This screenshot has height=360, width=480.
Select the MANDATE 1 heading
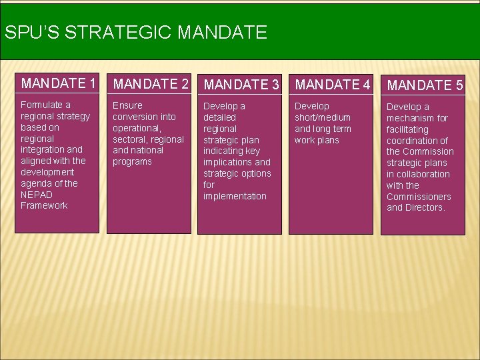[x=59, y=83]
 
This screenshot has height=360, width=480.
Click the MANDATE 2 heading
[x=150, y=84]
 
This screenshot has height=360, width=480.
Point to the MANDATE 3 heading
[x=241, y=85]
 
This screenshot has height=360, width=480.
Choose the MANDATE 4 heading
[x=332, y=85]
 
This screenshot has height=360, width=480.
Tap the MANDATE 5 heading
[x=425, y=85]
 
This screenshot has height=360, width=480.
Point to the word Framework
[x=44, y=205]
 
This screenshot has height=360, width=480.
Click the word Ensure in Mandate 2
[x=127, y=105]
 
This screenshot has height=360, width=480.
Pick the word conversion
[x=135, y=117]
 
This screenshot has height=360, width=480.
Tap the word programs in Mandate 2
[x=132, y=161]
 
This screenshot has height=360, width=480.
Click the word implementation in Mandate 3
[x=235, y=196]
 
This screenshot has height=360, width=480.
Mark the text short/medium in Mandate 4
[x=323, y=117]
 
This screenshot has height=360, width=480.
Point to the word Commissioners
[x=419, y=197]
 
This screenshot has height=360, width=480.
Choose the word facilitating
[x=407, y=129]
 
